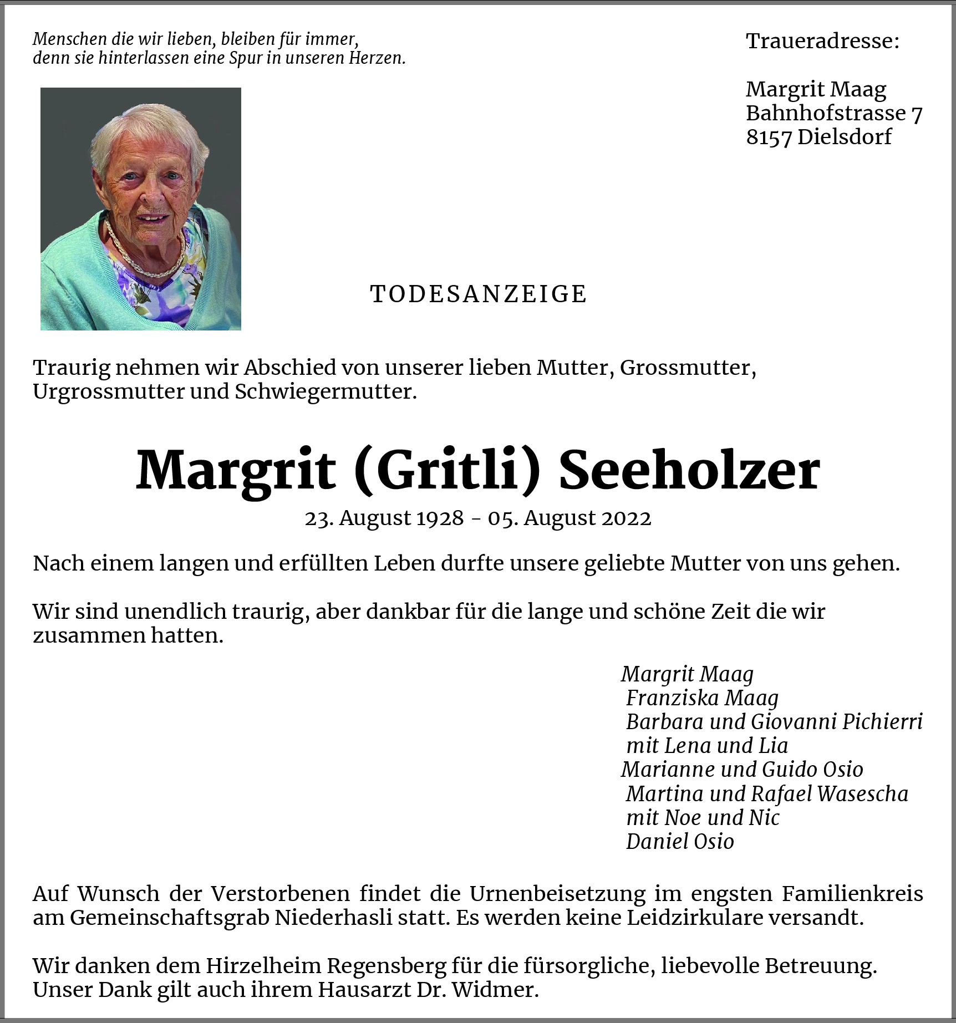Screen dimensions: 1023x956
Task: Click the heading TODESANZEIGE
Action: [x=478, y=294]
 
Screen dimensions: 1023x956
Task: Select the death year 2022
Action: [x=626, y=518]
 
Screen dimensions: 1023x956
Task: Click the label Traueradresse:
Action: [x=822, y=41]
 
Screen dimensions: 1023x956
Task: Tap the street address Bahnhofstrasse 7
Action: [x=833, y=113]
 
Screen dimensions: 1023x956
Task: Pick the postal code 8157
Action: [x=769, y=137]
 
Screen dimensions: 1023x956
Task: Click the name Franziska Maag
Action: [x=702, y=698]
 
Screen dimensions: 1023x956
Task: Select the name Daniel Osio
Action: [x=680, y=842]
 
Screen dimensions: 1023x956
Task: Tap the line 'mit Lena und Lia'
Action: [x=707, y=746]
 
